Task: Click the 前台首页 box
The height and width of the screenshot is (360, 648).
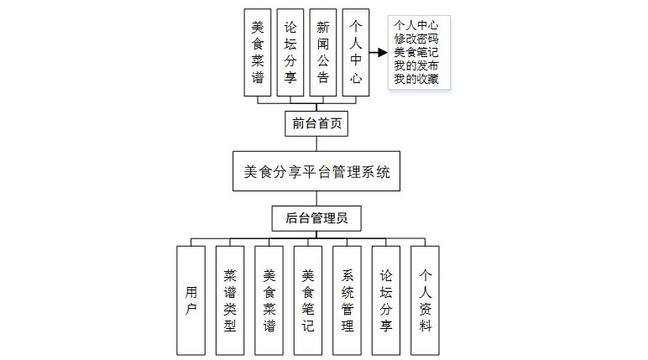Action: pyautogui.click(x=316, y=124)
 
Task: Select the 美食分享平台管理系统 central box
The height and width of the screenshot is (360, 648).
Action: pyautogui.click(x=316, y=173)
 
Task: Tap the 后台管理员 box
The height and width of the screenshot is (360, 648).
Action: pyautogui.click(x=316, y=219)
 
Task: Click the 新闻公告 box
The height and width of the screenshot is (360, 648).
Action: pyautogui.click(x=323, y=52)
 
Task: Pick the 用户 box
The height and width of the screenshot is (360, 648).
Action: pyautogui.click(x=191, y=300)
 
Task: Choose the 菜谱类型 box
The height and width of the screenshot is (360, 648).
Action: pyautogui.click(x=230, y=300)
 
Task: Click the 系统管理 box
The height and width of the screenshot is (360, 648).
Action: pyautogui.click(x=347, y=300)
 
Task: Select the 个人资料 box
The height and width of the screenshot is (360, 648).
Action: pyautogui.click(x=425, y=300)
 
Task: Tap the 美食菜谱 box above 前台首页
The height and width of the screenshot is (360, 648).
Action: pyautogui.click(x=258, y=52)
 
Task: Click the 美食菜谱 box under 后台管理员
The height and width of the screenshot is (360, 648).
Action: pyautogui.click(x=269, y=300)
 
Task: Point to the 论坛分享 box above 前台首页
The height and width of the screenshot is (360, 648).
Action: pyautogui.click(x=290, y=52)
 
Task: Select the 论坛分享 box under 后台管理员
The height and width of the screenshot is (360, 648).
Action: pyautogui.click(x=386, y=300)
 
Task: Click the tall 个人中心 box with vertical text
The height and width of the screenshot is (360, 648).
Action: pyautogui.click(x=356, y=52)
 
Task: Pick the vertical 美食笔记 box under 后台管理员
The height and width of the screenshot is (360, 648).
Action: pyautogui.click(x=308, y=300)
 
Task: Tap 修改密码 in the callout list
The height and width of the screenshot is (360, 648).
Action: pyautogui.click(x=416, y=38)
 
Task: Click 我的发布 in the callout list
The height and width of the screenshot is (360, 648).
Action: pyautogui.click(x=416, y=66)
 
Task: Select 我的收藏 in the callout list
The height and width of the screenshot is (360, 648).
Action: pyautogui.click(x=416, y=81)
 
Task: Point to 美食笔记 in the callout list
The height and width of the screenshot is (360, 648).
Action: pyautogui.click(x=416, y=52)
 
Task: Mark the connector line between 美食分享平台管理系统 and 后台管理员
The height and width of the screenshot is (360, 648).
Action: pyautogui.click(x=316, y=199)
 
